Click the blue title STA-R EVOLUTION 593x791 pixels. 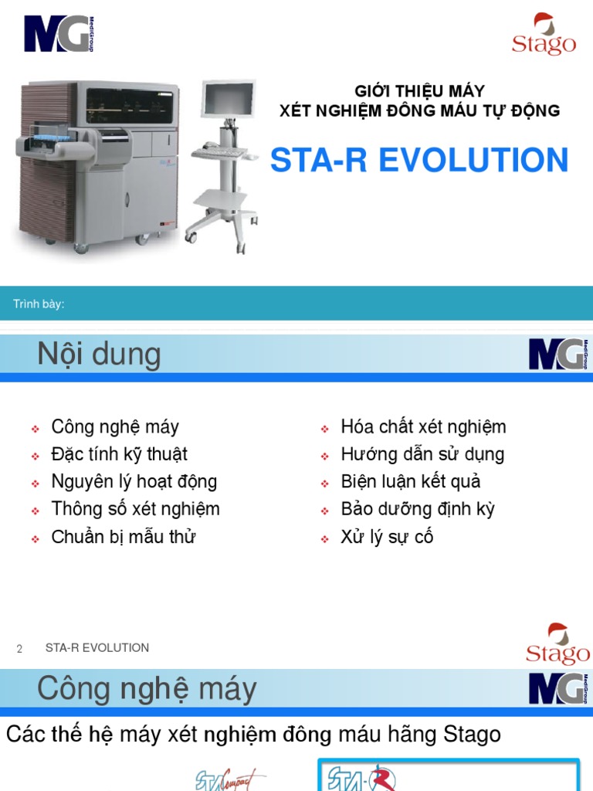pyautogui.click(x=418, y=161)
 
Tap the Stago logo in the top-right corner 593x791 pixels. pyautogui.click(x=544, y=36)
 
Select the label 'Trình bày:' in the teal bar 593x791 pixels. pyautogui.click(x=39, y=304)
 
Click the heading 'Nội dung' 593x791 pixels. pyautogui.click(x=99, y=355)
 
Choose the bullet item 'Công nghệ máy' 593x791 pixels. pyautogui.click(x=115, y=426)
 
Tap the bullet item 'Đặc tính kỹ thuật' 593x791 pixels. pyautogui.click(x=119, y=454)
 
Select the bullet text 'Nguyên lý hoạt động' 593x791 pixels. pyautogui.click(x=134, y=481)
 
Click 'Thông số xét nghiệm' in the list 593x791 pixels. pyautogui.click(x=135, y=509)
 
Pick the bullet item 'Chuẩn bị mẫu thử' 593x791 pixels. pyautogui.click(x=123, y=537)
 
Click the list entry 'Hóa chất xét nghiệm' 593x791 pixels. pyautogui.click(x=423, y=426)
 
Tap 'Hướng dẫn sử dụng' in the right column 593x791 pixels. pyautogui.click(x=422, y=454)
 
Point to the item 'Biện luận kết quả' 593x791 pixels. pyautogui.click(x=411, y=481)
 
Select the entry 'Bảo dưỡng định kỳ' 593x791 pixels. pyautogui.click(x=418, y=509)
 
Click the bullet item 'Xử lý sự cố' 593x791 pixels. pyautogui.click(x=387, y=537)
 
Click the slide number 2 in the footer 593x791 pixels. pyautogui.click(x=19, y=649)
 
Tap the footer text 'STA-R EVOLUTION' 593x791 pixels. pyautogui.click(x=97, y=648)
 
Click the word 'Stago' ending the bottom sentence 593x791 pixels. pyautogui.click(x=473, y=735)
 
